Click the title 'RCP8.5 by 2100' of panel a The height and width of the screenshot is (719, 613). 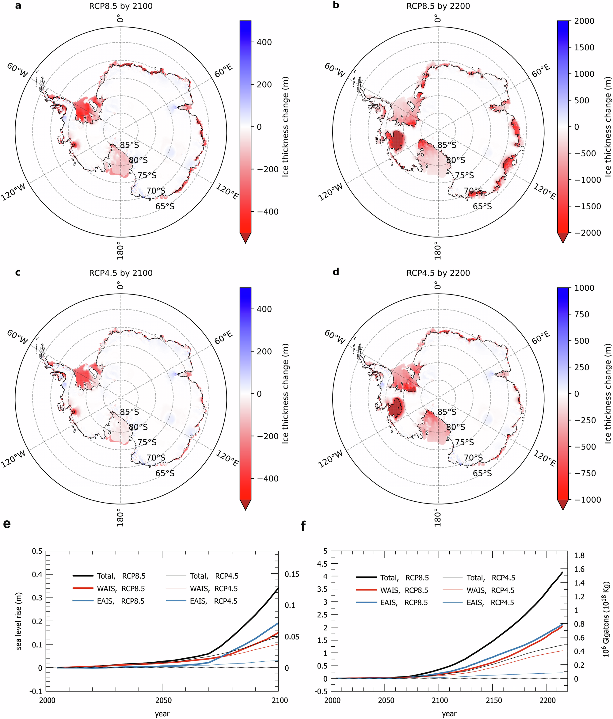click(x=120, y=6)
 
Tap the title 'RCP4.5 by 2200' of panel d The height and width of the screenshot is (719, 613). click(x=438, y=273)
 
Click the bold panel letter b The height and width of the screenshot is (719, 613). click(x=336, y=6)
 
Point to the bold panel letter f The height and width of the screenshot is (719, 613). click(x=304, y=527)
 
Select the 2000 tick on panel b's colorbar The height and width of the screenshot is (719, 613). click(x=584, y=21)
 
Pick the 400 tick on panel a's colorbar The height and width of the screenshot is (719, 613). click(x=264, y=42)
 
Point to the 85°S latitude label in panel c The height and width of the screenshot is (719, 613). click(x=129, y=412)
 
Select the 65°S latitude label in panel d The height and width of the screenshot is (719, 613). click(x=482, y=473)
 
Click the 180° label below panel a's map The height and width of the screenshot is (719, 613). click(x=120, y=250)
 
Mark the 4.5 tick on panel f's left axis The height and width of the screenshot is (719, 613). click(x=323, y=564)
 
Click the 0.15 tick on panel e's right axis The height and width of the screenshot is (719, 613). click(x=292, y=574)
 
